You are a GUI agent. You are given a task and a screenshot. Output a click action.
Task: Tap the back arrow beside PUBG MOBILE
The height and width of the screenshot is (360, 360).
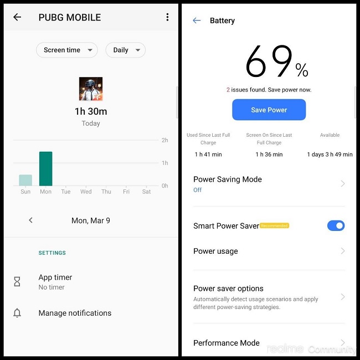(x=17, y=17)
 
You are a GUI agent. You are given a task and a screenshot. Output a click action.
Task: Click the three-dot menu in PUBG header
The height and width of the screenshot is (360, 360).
(x=167, y=17)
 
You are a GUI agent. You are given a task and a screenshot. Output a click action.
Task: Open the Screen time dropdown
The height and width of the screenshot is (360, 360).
(x=66, y=50)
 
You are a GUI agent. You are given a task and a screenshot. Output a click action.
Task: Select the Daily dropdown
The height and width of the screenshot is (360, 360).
(x=125, y=50)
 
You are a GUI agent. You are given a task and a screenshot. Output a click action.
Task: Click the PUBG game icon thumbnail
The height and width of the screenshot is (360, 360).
(x=90, y=89)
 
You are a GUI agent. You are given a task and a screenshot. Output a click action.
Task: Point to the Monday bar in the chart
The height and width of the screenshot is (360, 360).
(x=45, y=169)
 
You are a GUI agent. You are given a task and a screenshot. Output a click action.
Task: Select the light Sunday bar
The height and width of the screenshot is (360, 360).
(x=25, y=180)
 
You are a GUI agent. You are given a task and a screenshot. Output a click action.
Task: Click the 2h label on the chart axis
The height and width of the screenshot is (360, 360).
(x=165, y=140)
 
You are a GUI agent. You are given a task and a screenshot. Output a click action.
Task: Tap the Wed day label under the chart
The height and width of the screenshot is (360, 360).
(x=86, y=192)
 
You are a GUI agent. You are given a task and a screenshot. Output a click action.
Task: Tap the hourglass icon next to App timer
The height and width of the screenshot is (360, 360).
(x=17, y=282)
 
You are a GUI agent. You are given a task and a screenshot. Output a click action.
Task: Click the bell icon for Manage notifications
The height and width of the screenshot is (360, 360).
(x=17, y=313)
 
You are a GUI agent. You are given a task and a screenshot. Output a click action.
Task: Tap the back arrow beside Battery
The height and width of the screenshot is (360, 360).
(x=197, y=20)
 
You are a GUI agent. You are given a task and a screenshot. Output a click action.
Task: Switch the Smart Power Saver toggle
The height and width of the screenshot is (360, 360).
(x=336, y=225)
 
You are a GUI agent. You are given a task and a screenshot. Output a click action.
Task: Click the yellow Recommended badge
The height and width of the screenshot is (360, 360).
(x=275, y=225)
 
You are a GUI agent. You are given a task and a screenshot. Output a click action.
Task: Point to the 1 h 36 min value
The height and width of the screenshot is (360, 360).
(x=269, y=155)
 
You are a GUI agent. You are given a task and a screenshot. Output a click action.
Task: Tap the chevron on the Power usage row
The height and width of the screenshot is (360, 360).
(x=343, y=251)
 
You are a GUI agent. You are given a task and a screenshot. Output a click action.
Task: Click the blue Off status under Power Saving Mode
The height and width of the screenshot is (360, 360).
(x=198, y=190)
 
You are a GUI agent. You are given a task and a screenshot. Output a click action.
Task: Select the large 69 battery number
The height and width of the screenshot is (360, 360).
(x=269, y=62)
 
